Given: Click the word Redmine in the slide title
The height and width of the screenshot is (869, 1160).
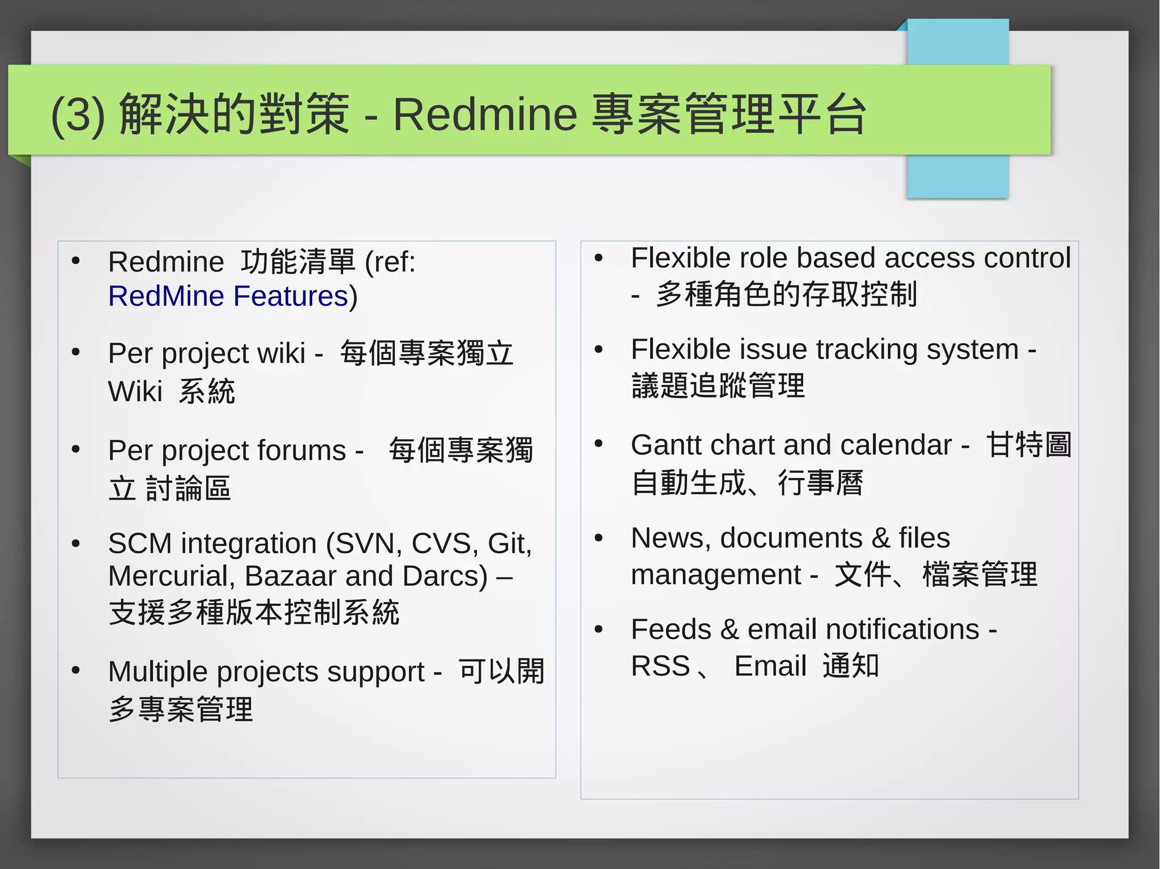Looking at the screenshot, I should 485,114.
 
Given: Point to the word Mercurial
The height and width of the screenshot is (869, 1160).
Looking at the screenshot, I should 168,576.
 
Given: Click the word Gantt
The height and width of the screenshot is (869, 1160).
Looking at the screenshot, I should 665,445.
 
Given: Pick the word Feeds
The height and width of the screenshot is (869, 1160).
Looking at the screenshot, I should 671,630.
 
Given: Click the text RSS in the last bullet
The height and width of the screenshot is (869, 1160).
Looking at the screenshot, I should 660,666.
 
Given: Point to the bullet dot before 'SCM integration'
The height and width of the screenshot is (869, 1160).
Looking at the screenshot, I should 76,544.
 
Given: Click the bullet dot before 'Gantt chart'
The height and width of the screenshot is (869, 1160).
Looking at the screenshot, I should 599,444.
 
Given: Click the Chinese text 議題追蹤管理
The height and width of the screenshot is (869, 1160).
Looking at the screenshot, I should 718,386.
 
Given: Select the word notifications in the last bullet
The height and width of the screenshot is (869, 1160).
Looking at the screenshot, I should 902,630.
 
